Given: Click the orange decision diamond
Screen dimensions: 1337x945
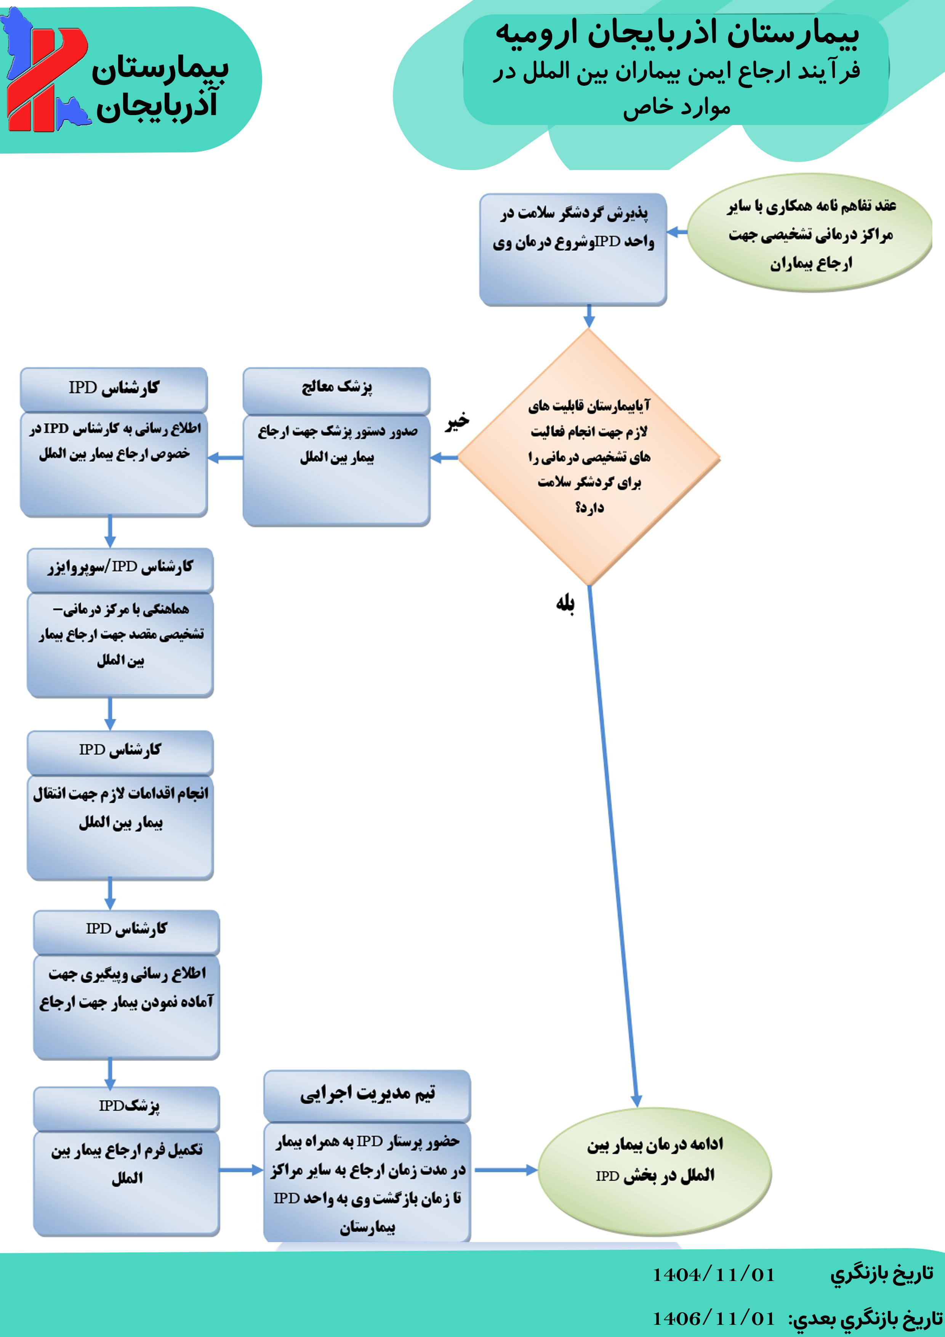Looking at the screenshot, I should click(x=589, y=457).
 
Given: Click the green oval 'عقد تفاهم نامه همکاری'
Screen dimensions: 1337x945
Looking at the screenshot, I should click(x=810, y=233).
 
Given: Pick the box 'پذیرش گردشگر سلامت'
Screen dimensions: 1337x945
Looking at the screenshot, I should click(x=573, y=249).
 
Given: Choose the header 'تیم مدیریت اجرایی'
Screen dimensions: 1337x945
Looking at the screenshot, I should click(x=367, y=1094).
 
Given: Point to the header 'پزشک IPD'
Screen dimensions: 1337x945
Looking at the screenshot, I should click(x=127, y=1106).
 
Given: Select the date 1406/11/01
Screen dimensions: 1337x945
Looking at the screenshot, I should click(x=714, y=1317).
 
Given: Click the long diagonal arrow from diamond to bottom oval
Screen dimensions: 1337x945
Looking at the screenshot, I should click(x=612, y=844).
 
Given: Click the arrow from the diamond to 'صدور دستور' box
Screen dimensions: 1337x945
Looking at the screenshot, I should click(x=444, y=458).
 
